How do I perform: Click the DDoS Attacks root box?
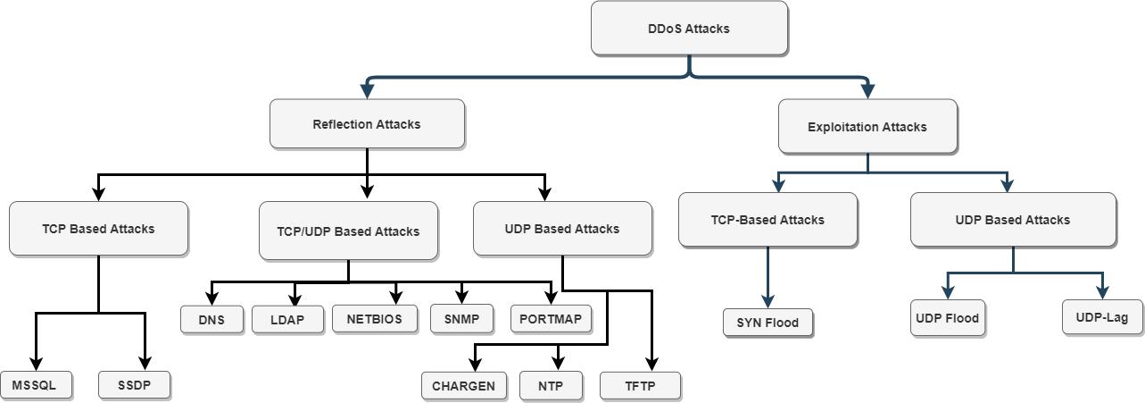point(689,29)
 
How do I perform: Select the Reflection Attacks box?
point(367,124)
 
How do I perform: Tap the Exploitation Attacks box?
point(867,127)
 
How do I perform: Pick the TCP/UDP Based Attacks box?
point(348,231)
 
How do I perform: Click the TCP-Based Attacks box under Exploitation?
point(767,220)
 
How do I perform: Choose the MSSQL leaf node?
point(36,385)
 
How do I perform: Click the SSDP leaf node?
point(135,385)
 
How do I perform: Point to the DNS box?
point(212,320)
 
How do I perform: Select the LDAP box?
point(287,320)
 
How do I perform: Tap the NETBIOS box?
point(375,319)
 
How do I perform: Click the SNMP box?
point(462,319)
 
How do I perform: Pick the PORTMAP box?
point(551,319)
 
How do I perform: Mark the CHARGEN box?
point(464,386)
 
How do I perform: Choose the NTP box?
point(551,386)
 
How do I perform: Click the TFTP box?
point(641,386)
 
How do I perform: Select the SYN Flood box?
point(767,323)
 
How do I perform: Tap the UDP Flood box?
point(948,318)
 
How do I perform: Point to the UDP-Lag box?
point(1102,317)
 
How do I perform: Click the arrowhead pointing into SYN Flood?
point(767,301)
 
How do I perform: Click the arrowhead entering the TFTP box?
point(651,364)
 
